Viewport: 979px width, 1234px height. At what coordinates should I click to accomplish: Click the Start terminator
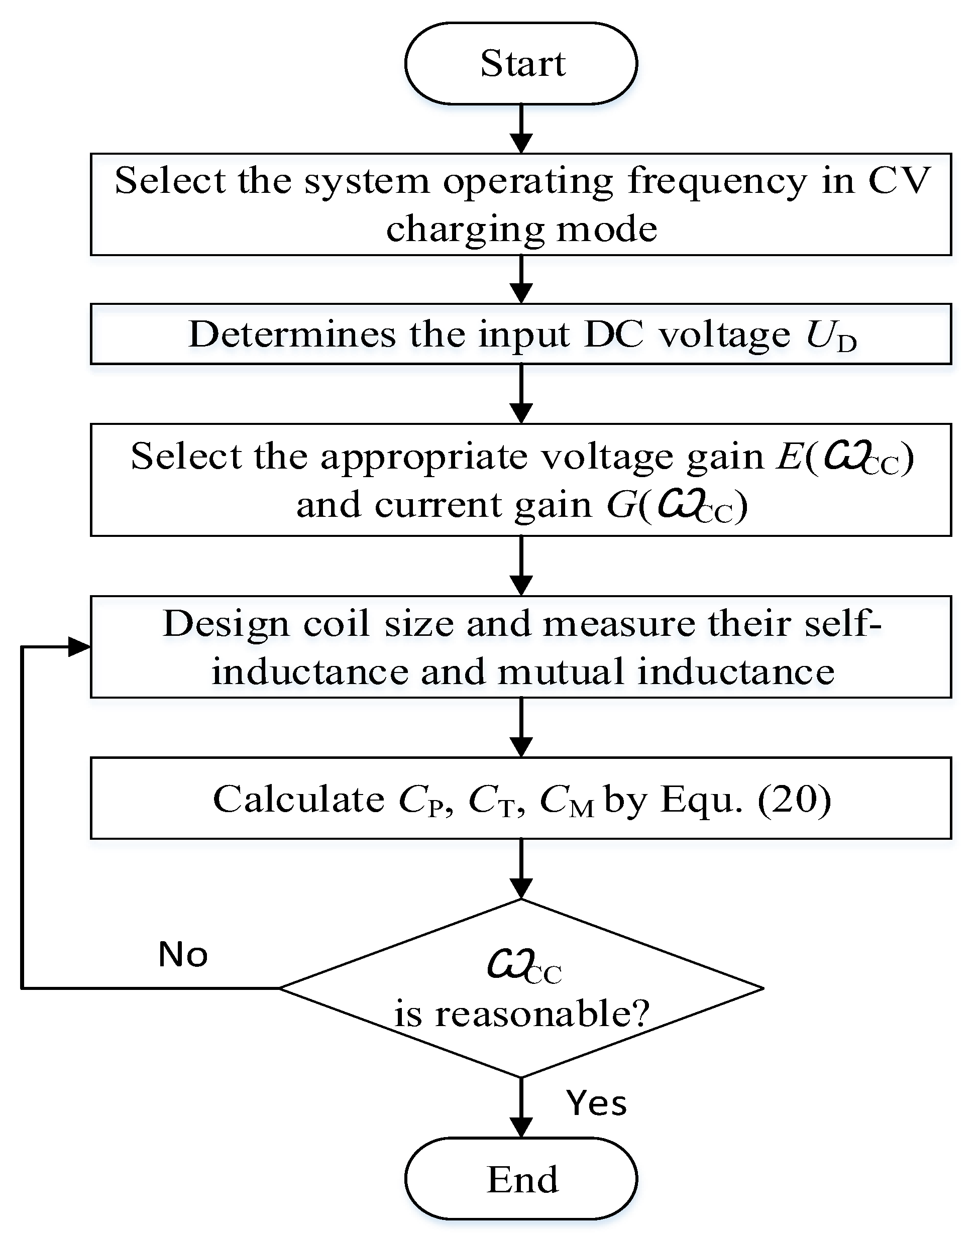[x=520, y=63]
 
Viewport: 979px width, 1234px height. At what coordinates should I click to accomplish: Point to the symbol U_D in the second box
[x=830, y=336]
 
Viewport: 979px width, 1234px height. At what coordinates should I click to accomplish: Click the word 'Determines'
[x=291, y=334]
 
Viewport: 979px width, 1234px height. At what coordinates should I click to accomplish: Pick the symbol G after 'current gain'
[x=621, y=505]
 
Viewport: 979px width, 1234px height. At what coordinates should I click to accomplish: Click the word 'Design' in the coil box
[x=226, y=623]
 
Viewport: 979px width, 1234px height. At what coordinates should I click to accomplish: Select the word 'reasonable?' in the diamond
[x=541, y=1014]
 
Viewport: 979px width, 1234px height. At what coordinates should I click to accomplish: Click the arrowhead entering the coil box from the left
[x=79, y=647]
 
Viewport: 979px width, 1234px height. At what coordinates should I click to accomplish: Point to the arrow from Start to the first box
[x=520, y=129]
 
